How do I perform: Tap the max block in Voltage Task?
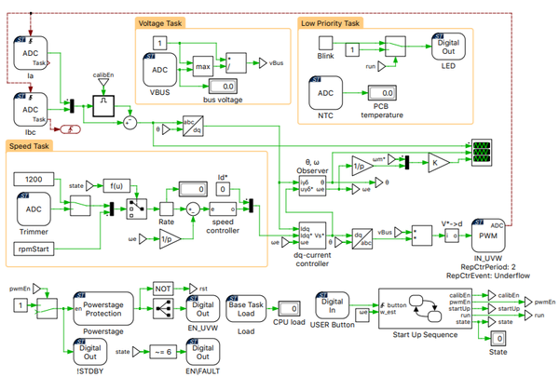200,65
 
